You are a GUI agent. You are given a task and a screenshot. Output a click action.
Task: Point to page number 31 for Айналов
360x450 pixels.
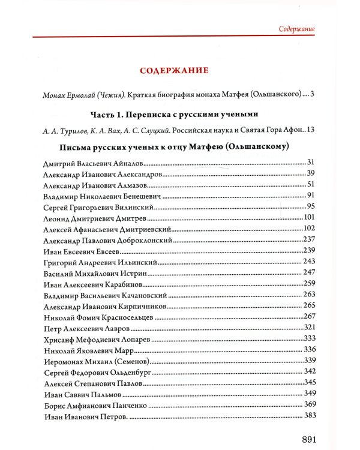tap(310, 163)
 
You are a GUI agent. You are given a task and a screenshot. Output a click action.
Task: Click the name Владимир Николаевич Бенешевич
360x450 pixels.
tap(100, 196)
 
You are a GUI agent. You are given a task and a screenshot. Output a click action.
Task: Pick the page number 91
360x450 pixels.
tap(310, 195)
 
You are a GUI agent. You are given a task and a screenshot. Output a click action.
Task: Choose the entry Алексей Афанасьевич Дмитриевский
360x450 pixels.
tap(108, 229)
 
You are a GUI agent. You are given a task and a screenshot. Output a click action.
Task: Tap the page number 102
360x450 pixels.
tap(309, 228)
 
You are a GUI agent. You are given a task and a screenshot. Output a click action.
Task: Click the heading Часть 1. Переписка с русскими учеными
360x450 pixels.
tap(173, 114)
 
